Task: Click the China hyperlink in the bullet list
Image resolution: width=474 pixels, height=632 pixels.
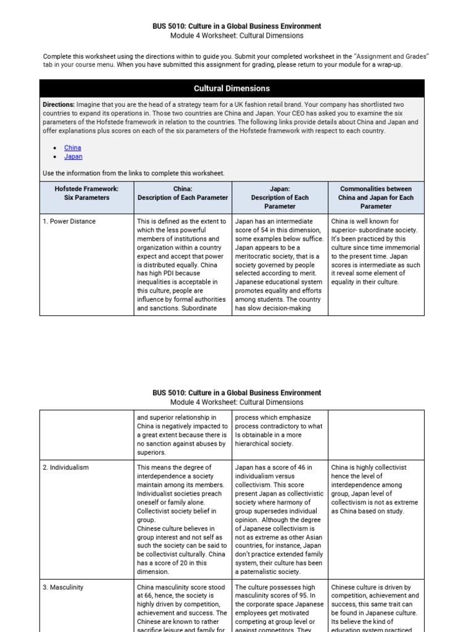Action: (x=72, y=148)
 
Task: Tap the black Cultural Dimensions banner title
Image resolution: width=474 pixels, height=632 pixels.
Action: (x=231, y=88)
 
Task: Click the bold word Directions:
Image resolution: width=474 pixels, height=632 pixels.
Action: (x=59, y=105)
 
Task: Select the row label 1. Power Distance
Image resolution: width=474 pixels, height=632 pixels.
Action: (x=69, y=221)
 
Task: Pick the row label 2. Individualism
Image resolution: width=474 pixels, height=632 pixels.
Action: (x=65, y=467)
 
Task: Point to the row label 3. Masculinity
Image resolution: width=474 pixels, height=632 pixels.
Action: (x=63, y=587)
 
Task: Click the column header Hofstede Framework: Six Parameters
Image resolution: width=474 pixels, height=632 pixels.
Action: (x=86, y=193)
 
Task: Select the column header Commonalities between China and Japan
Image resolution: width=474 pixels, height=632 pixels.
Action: (x=376, y=193)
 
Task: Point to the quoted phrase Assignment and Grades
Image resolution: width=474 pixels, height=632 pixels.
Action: (x=391, y=56)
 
